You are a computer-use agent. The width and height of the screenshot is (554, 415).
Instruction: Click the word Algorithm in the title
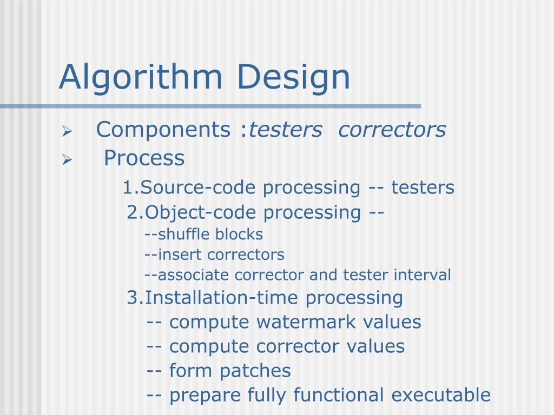tap(140, 77)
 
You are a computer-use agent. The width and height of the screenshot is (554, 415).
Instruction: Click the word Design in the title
tap(292, 77)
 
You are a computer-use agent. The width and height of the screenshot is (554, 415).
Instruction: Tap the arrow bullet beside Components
tap(67, 131)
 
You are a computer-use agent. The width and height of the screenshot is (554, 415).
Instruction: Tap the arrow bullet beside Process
tap(67, 159)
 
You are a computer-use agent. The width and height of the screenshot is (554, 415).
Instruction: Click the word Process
tap(144, 158)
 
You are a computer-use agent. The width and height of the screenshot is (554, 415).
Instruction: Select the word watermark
tap(307, 322)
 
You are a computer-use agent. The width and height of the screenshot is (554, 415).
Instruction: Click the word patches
tap(255, 371)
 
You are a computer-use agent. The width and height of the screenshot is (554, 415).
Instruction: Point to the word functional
tap(339, 395)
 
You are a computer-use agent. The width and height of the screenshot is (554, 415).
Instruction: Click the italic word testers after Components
tap(285, 130)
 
